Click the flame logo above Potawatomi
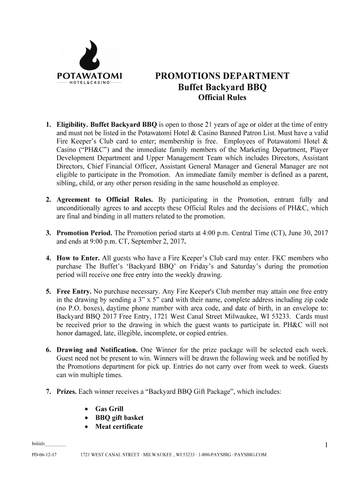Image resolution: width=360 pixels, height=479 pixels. (x=89, y=54)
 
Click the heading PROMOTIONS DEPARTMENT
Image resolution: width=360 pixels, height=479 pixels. (x=222, y=76)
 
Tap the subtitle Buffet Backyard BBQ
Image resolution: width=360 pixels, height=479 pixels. (x=222, y=87)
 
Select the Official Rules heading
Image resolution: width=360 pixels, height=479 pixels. (x=222, y=98)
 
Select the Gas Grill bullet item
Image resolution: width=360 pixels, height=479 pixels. (x=109, y=409)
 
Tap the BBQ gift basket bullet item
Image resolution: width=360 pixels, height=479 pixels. (x=119, y=418)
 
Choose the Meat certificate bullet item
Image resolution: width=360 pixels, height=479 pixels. (x=119, y=427)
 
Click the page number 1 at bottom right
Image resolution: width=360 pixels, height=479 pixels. (x=326, y=445)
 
